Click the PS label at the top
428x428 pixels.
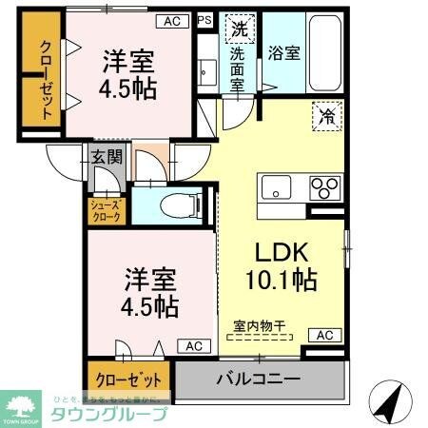(204, 19)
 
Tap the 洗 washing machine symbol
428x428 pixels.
(237, 29)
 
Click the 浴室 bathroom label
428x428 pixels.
(284, 53)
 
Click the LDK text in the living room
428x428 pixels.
(280, 253)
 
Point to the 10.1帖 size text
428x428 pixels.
(280, 282)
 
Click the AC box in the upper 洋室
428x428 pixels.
(171, 19)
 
